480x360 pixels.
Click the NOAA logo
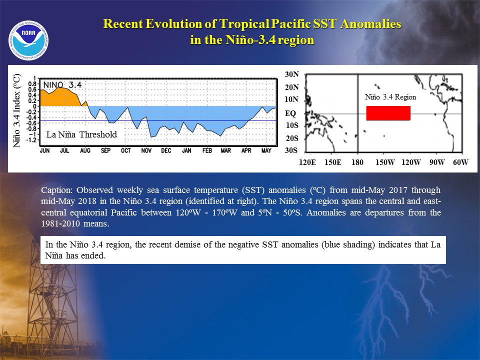click(28, 40)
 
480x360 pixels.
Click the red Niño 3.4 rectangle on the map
click(388, 113)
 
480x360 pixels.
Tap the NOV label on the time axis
click(146, 150)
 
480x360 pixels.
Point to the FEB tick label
click(207, 150)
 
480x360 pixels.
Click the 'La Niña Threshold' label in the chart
click(81, 134)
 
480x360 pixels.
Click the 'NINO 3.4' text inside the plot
click(62, 85)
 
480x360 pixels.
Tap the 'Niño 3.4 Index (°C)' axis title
click(16, 110)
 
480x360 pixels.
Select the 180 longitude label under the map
click(357, 162)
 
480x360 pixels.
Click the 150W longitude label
click(385, 162)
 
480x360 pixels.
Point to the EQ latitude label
click(290, 113)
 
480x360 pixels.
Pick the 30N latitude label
click(291, 74)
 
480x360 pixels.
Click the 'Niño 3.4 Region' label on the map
click(390, 97)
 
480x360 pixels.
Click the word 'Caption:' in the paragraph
click(56, 190)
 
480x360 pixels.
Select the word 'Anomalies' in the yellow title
click(370, 24)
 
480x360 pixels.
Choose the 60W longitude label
click(460, 162)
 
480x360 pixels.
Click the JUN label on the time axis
click(44, 150)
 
